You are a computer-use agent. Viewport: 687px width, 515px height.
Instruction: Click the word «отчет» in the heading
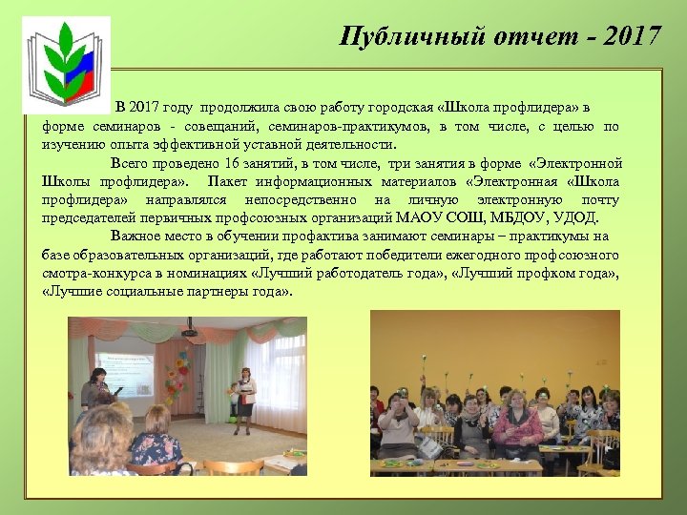click(x=523, y=36)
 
